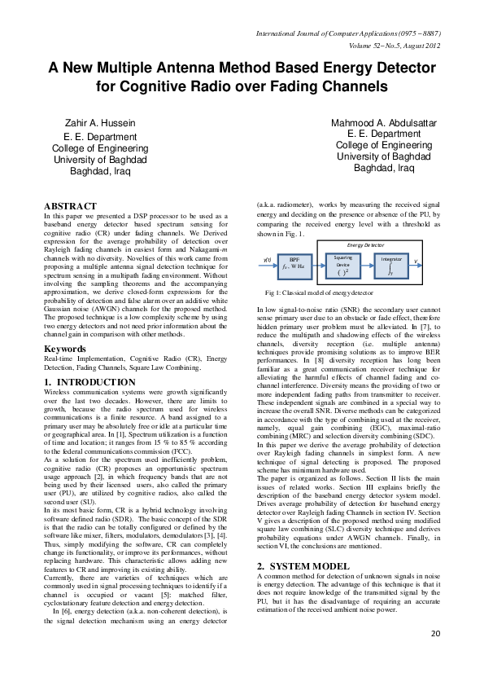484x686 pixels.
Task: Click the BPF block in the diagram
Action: coord(295,262)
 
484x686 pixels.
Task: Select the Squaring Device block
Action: coord(343,262)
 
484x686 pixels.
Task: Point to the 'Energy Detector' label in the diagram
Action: coord(364,244)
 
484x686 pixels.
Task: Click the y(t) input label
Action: coord(268,260)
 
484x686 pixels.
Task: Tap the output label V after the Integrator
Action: coord(416,261)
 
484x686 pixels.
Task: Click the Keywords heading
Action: coord(64,349)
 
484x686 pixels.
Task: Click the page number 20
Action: coord(435,656)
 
